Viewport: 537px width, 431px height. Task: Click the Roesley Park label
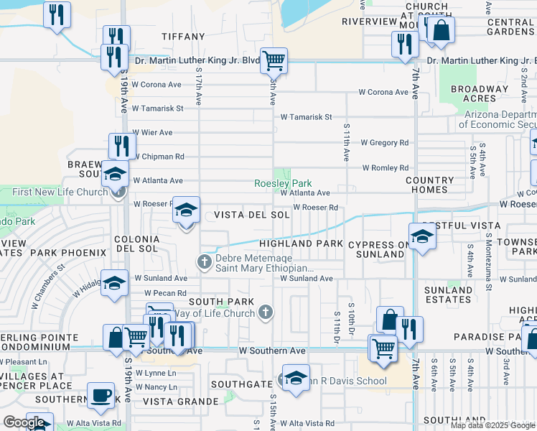(x=283, y=183)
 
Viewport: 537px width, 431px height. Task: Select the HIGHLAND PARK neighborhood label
(x=301, y=244)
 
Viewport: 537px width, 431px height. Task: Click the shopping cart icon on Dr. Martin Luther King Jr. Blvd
(x=274, y=60)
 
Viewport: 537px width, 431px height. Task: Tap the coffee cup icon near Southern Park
(x=101, y=394)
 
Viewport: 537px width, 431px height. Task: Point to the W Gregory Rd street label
(x=384, y=143)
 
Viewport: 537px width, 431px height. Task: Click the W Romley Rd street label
(x=385, y=168)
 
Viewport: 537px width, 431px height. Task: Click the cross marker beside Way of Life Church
(x=266, y=312)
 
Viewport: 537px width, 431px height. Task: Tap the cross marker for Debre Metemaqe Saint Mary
(x=205, y=261)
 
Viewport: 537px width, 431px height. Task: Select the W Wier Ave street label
(x=152, y=132)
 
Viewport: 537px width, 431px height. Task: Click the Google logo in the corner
(x=24, y=422)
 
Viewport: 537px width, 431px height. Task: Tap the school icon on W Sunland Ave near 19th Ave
(x=113, y=282)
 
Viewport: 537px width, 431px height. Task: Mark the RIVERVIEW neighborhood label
(x=369, y=22)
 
